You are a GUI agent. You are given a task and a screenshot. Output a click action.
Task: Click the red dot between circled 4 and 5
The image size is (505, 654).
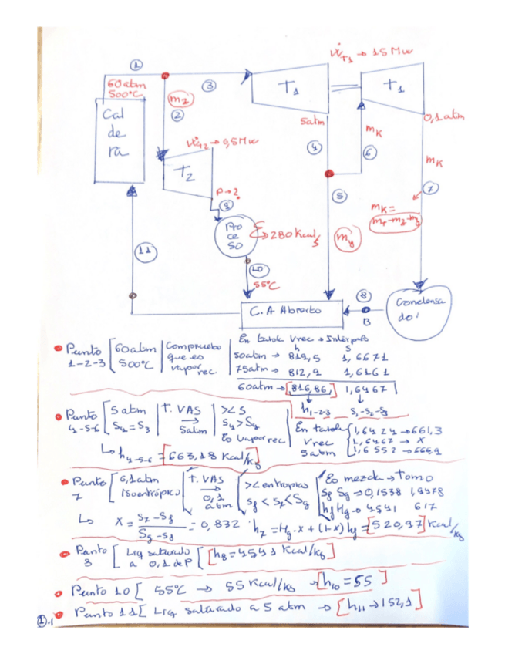point(329,174)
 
